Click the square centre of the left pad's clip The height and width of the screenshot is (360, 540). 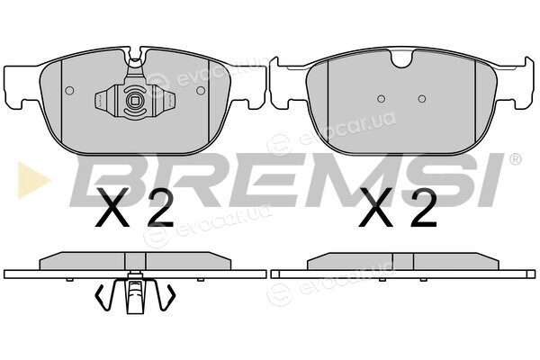point(135,101)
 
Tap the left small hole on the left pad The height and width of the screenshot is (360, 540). point(69,91)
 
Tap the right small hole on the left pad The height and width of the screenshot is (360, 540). point(201,91)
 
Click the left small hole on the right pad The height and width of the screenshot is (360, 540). point(381,99)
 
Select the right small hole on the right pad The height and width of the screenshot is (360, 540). point(422,99)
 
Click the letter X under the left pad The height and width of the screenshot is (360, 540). point(112,207)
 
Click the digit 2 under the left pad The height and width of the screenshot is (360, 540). point(160,207)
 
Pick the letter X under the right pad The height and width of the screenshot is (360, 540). point(375,207)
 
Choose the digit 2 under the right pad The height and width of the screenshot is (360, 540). point(424,207)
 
